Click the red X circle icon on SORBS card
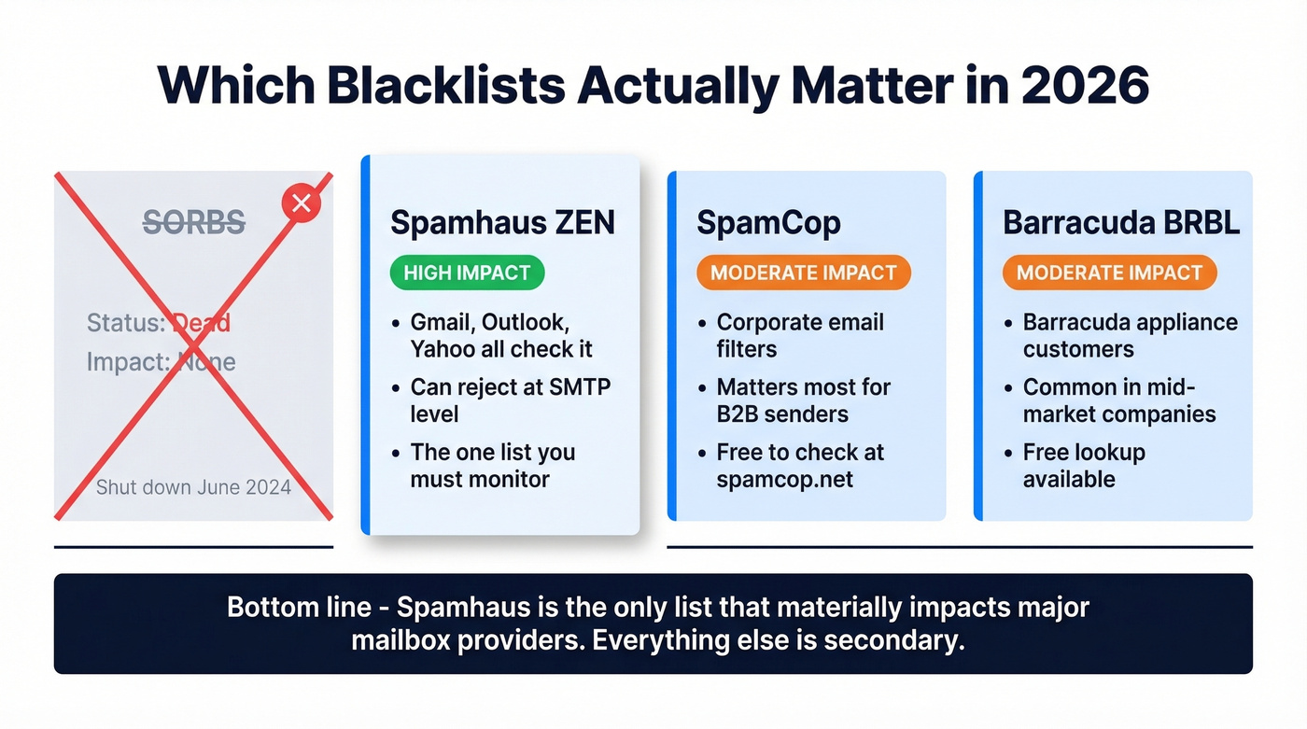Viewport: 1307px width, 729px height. [x=301, y=203]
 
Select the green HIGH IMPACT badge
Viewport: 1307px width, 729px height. [x=467, y=273]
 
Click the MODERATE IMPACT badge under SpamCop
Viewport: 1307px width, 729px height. [x=803, y=273]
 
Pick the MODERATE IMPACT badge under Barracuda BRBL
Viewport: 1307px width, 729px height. [x=1109, y=273]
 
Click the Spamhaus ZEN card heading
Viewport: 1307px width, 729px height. [x=502, y=223]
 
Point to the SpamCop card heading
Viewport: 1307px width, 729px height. [x=768, y=223]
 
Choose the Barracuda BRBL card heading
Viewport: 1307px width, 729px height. [x=1121, y=223]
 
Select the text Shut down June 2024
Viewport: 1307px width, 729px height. [x=193, y=486]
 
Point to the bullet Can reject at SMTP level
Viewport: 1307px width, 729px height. [x=510, y=400]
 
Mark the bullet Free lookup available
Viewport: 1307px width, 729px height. [x=1083, y=465]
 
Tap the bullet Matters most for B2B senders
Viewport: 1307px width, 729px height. [x=803, y=400]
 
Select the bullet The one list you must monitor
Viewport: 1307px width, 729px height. [x=492, y=465]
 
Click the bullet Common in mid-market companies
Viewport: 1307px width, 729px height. [x=1118, y=400]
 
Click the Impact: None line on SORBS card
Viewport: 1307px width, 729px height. [x=161, y=361]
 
